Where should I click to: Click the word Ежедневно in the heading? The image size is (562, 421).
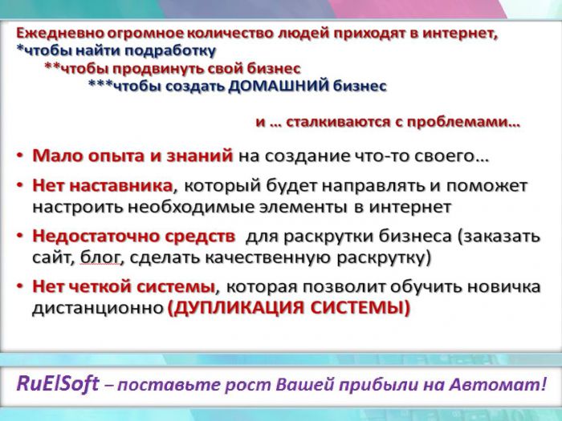point(60,34)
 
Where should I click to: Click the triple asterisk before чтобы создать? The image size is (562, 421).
point(100,83)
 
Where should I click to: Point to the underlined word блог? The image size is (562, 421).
point(100,257)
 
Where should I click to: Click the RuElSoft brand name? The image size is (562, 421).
point(57,384)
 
